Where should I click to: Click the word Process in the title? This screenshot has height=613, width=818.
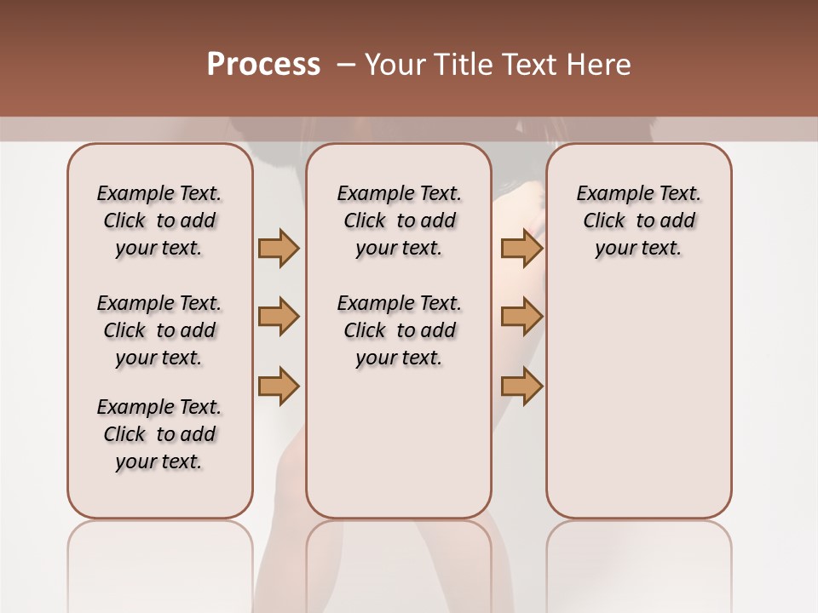coord(263,65)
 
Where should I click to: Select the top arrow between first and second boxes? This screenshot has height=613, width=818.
coord(279,249)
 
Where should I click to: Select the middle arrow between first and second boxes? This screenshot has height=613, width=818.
coord(279,317)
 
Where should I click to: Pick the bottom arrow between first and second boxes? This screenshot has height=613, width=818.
coord(279,386)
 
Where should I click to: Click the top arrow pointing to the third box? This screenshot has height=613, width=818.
coord(521,249)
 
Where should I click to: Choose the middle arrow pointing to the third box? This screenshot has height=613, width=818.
coord(521,317)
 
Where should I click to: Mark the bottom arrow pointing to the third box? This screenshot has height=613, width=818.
coord(521,386)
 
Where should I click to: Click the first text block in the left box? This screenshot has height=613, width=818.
coord(159,221)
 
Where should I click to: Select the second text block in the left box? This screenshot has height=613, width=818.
coord(159,330)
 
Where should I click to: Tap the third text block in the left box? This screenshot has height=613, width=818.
coord(159,434)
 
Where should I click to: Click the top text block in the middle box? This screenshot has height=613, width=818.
coord(399,221)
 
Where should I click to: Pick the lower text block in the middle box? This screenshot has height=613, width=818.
coord(399,330)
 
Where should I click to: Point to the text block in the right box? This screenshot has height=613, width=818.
coord(639,221)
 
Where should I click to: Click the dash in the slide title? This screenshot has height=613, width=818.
coord(345,65)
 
